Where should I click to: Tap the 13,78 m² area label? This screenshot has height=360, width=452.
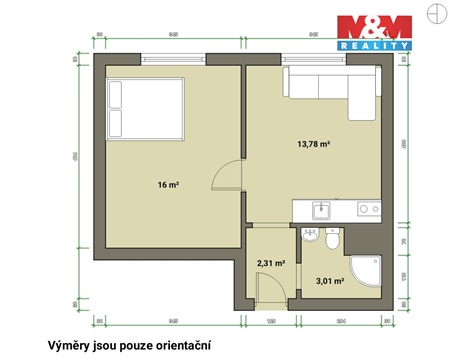point(313,144)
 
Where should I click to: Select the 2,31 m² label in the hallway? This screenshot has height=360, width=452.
point(271,263)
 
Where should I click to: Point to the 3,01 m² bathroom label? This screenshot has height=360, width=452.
point(330,282)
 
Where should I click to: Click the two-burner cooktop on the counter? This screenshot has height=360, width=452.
point(367,210)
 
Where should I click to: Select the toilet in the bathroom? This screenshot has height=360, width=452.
point(333,241)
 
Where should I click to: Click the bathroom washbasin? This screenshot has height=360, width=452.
point(309,238)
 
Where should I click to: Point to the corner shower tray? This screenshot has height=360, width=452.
point(367,276)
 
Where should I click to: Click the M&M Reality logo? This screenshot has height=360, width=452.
point(373,31)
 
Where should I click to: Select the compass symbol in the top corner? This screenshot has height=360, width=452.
point(434,14)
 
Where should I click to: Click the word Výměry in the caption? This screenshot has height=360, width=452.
point(71,345)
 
